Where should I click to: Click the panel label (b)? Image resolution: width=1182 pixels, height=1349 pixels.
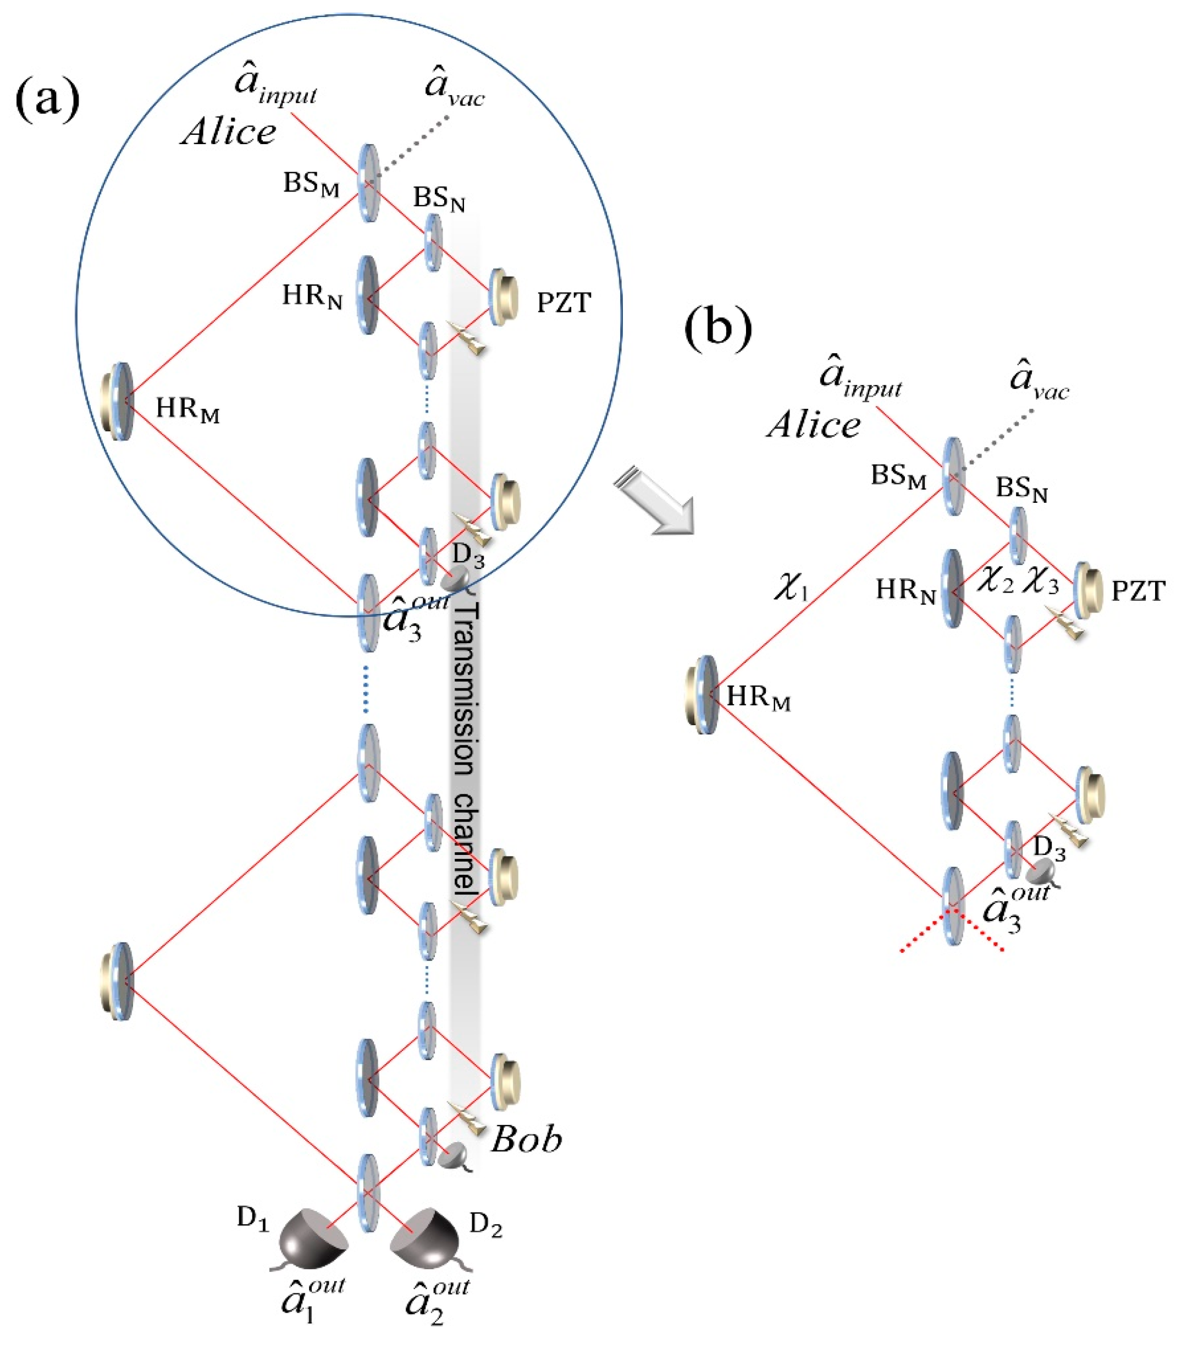[x=717, y=328]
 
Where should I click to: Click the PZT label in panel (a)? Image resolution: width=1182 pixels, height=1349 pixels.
[x=564, y=303]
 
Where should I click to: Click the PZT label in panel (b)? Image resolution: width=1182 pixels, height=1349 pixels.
[x=1139, y=591]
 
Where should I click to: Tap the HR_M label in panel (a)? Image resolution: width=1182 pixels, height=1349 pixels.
[x=187, y=410]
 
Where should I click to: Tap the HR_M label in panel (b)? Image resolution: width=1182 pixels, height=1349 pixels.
[x=758, y=698]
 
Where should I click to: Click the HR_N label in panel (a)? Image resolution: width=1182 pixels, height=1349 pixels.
[x=312, y=297]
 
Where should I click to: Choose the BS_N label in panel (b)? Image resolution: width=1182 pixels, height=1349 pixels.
[x=1021, y=489]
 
